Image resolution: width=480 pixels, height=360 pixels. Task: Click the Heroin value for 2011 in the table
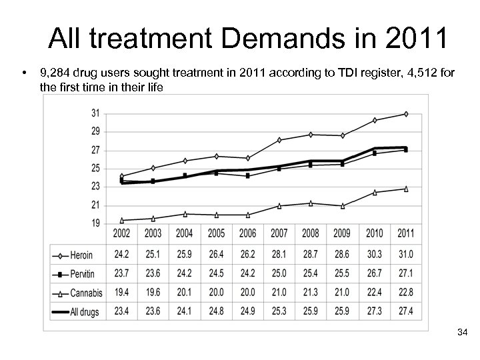click(406, 255)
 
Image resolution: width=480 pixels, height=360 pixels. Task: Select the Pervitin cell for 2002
click(121, 273)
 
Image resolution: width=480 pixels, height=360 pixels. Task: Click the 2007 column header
click(279, 233)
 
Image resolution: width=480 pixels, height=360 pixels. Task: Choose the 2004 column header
click(185, 233)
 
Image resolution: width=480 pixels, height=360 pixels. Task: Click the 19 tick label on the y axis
click(96, 223)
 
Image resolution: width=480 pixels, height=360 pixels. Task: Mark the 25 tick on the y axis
click(96, 168)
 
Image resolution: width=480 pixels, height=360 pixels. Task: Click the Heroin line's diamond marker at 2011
click(406, 114)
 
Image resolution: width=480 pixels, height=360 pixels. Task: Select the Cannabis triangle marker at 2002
click(121, 220)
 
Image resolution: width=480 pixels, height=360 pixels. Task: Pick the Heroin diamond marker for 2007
click(279, 140)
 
